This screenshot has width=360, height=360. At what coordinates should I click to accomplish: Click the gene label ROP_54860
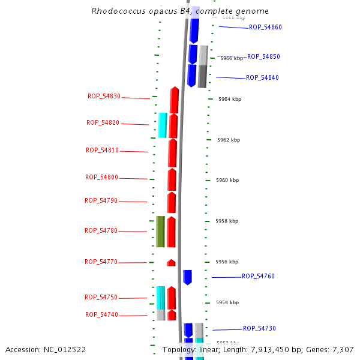coord(265,28)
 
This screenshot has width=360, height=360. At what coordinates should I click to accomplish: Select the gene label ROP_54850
coord(263,56)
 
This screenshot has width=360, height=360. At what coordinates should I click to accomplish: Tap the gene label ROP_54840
coord(262,78)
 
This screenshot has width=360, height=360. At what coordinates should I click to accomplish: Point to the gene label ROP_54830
coord(104,96)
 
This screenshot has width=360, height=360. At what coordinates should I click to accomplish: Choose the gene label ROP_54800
coord(101,178)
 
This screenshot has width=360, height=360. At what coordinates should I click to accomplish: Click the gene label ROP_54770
coord(101,262)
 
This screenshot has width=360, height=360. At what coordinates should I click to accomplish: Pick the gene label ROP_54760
coord(258,277)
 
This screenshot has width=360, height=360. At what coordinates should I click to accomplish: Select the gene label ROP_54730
coord(259,329)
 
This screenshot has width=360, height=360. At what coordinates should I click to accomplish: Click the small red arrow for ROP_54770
coord(171,263)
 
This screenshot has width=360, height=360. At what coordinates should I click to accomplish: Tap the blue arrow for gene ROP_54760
coord(187,277)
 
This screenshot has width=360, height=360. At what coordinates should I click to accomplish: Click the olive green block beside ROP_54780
coord(160,232)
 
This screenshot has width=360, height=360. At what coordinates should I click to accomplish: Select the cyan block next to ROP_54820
coord(162,125)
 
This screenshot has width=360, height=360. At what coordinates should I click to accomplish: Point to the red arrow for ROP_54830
coord(175,100)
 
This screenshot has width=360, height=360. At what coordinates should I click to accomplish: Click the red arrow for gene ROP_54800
coord(172,179)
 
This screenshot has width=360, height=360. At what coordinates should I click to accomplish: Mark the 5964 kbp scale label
coord(229,99)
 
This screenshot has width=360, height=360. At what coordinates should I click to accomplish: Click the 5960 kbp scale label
coord(227,180)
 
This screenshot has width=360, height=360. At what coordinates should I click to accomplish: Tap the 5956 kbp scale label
coord(227,262)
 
